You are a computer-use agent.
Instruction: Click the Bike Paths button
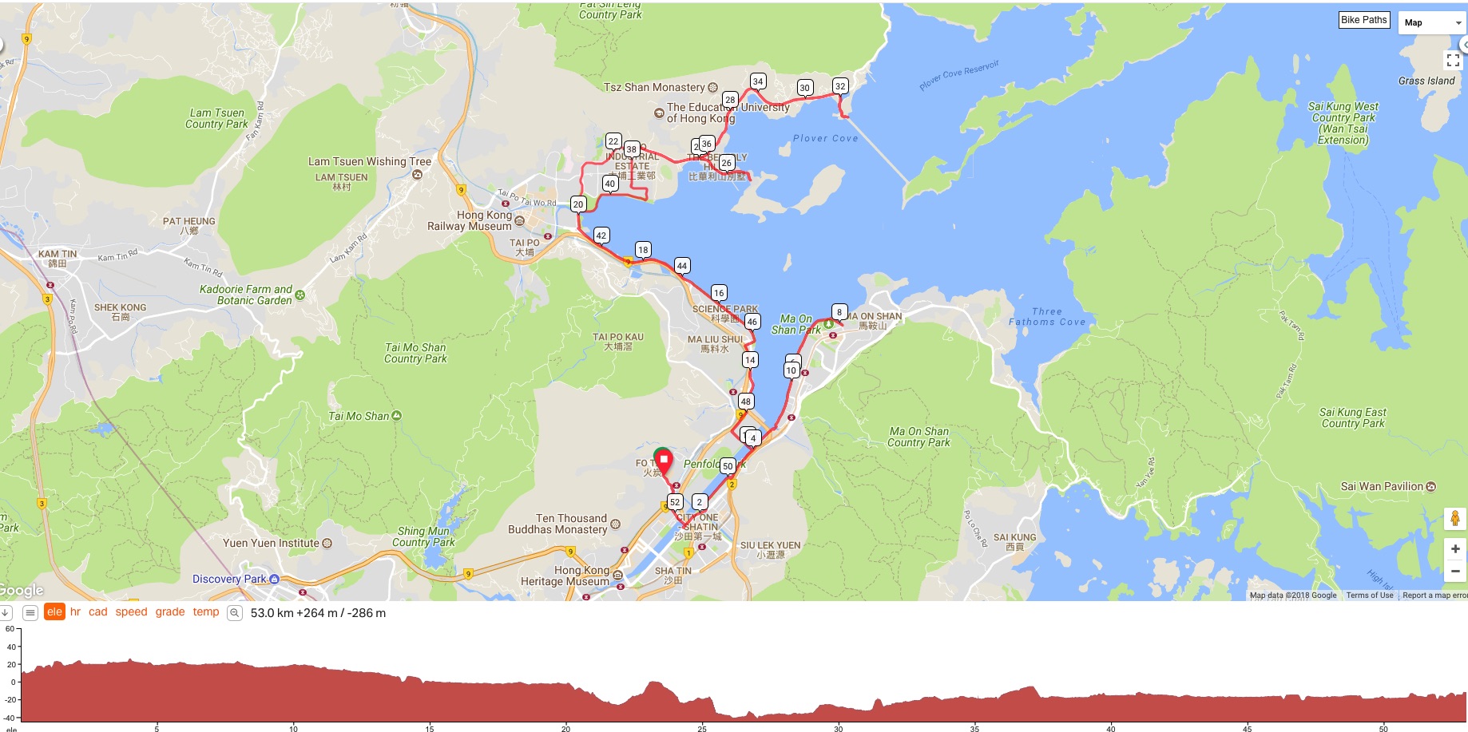(1363, 20)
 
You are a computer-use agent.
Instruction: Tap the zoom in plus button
(1454, 548)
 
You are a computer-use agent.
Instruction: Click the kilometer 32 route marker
(839, 86)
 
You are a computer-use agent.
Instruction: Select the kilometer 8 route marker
(839, 311)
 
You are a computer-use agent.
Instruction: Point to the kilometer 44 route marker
(681, 266)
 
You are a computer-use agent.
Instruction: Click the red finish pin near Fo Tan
(663, 461)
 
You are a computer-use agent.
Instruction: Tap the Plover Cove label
(825, 138)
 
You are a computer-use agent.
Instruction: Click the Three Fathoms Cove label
(1046, 317)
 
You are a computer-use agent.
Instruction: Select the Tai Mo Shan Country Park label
(415, 353)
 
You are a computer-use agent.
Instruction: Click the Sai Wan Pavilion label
(1382, 486)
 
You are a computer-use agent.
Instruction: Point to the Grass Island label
(1426, 81)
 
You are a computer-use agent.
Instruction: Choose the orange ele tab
(54, 612)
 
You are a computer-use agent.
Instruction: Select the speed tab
(131, 612)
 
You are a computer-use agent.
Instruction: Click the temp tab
(205, 612)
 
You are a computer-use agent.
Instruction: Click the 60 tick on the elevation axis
(10, 629)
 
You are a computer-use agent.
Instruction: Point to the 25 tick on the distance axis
(702, 728)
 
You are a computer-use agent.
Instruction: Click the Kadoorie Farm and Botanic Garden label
(246, 295)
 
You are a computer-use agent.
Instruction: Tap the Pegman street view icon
(1454, 519)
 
